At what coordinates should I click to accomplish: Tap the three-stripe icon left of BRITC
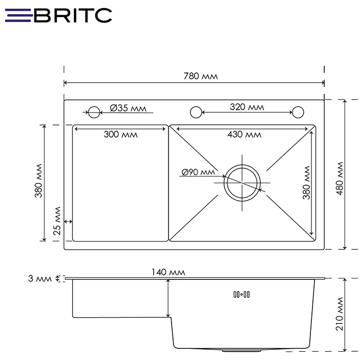[x=19, y=15]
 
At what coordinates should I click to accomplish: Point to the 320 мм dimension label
[x=247, y=107]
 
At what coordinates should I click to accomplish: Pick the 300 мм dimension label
[x=120, y=135]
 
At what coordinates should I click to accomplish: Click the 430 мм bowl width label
[x=244, y=135]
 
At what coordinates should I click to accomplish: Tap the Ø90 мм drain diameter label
[x=198, y=172]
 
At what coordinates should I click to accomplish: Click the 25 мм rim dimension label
[x=57, y=221]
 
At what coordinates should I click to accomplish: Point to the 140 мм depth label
[x=168, y=273]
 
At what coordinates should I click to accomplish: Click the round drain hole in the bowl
[x=243, y=182]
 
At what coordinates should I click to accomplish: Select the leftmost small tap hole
[x=94, y=112]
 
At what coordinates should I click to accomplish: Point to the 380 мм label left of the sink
[x=38, y=182]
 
